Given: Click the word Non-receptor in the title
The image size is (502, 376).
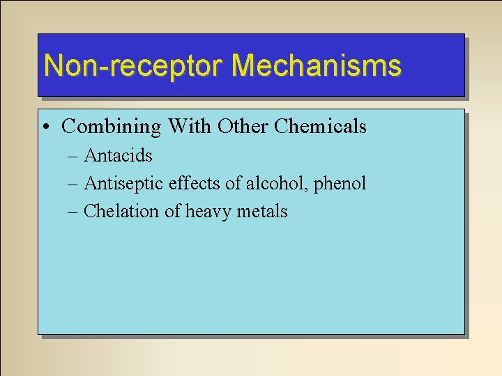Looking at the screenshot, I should click(x=133, y=66).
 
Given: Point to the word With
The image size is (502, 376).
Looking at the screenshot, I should click(x=189, y=127).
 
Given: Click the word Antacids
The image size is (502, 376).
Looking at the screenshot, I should click(x=118, y=155).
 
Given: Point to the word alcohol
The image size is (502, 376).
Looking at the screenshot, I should click(x=275, y=184).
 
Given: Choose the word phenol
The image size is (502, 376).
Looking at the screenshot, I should click(x=340, y=185).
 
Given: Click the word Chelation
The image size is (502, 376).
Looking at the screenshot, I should click(x=121, y=212).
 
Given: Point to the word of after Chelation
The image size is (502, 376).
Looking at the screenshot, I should click(x=172, y=212).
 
